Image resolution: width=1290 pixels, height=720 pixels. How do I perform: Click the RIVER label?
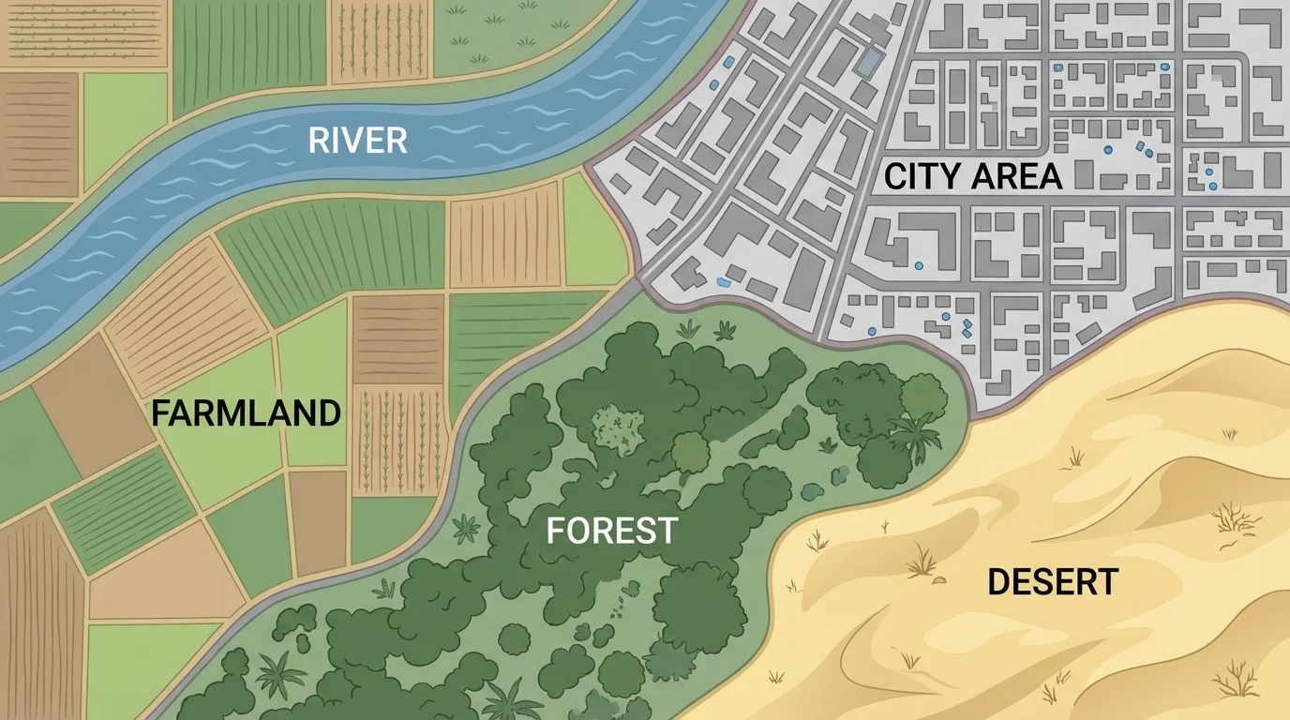click(358, 141)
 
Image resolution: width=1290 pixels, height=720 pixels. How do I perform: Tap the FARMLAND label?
click(247, 412)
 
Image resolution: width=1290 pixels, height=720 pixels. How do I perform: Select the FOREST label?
click(611, 531)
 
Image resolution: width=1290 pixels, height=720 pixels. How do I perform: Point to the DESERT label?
click(1053, 582)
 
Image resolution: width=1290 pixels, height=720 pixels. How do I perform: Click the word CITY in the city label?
click(923, 176)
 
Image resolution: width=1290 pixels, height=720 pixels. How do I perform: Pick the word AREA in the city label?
click(1016, 176)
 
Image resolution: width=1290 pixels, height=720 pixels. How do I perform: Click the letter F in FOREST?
click(555, 531)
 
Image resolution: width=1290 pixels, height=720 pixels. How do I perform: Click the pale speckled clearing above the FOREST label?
click(619, 427)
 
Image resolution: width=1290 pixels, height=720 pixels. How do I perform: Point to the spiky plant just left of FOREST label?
click(466, 530)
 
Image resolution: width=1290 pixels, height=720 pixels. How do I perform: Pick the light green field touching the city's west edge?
click(593, 234)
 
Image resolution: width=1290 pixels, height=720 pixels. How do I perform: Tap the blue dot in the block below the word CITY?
click(918, 266)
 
